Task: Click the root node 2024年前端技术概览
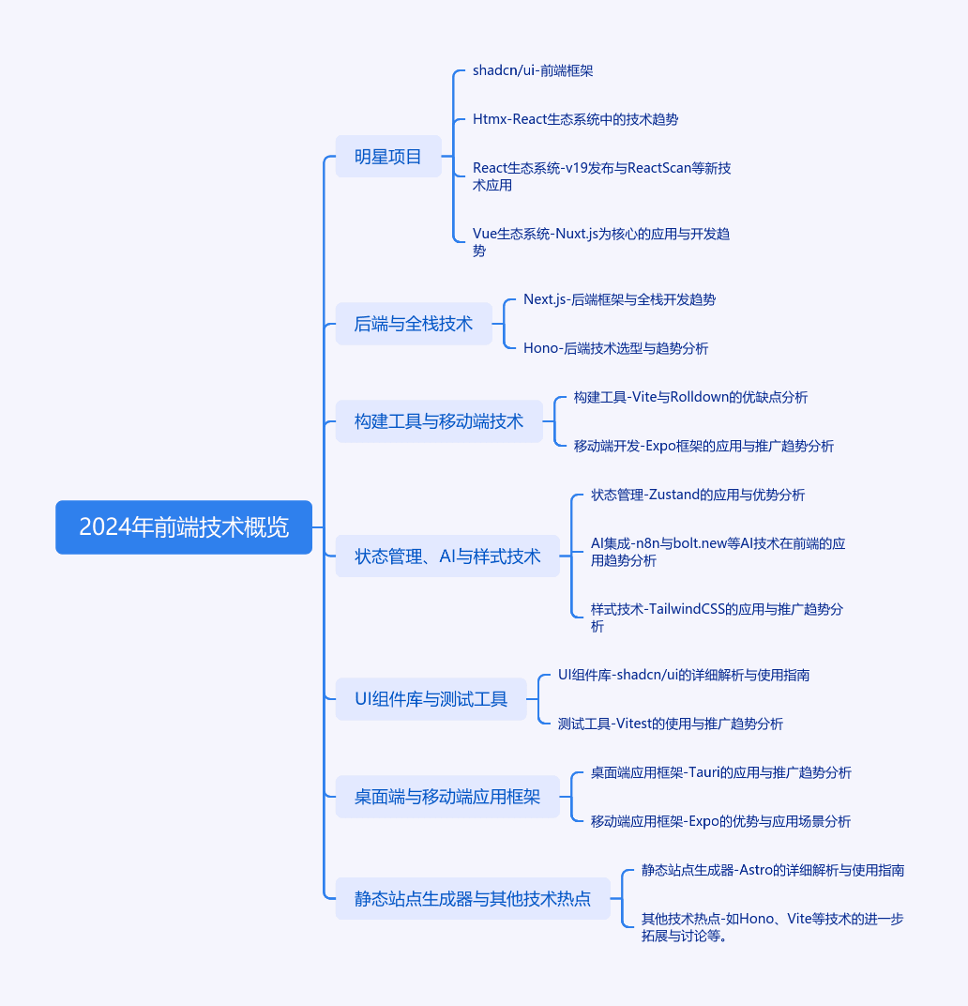(x=184, y=527)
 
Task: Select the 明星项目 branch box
(x=388, y=157)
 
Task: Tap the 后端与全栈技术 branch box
(x=414, y=324)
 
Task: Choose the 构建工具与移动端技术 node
(x=439, y=421)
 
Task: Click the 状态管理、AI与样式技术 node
(x=447, y=556)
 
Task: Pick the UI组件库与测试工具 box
(x=431, y=699)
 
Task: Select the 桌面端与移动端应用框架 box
(x=447, y=797)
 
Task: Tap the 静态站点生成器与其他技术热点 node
(x=473, y=899)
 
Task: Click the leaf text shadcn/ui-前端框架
(x=533, y=70)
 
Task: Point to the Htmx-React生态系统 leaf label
(x=575, y=119)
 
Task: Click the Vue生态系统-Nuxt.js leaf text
(x=601, y=242)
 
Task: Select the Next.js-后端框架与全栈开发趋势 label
(x=620, y=299)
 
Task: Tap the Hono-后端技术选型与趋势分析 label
(x=616, y=348)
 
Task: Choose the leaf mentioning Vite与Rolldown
(x=691, y=397)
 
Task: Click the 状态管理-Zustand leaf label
(x=698, y=495)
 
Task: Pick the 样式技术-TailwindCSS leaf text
(x=718, y=617)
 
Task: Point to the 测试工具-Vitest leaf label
(x=671, y=724)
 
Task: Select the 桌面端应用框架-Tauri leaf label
(x=721, y=772)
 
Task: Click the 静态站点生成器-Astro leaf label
(x=773, y=870)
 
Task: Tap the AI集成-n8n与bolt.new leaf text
(x=718, y=552)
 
